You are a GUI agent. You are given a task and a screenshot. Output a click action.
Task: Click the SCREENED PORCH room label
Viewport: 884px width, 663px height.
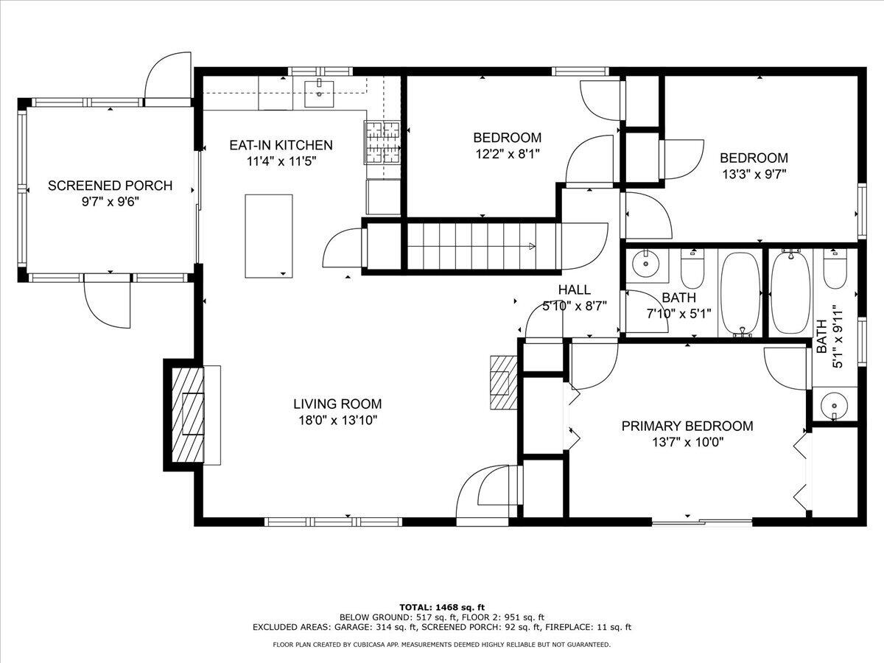pyautogui.click(x=110, y=186)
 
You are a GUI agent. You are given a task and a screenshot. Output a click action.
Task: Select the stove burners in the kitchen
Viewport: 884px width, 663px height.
pyautogui.click(x=382, y=141)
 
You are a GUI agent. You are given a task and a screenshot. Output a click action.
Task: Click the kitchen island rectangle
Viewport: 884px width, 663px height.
pyautogui.click(x=269, y=236)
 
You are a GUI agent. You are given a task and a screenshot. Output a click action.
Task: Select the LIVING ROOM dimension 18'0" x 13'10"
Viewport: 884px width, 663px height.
pyautogui.click(x=337, y=420)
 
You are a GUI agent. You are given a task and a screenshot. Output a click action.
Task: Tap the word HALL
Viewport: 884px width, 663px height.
pyautogui.click(x=574, y=290)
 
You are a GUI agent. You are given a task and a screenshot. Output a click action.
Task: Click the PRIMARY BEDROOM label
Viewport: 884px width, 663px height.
pyautogui.click(x=687, y=426)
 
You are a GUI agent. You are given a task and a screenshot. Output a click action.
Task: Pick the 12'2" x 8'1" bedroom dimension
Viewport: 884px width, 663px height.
pyautogui.click(x=507, y=154)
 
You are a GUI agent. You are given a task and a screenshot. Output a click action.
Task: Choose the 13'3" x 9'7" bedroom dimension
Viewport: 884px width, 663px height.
pyautogui.click(x=754, y=175)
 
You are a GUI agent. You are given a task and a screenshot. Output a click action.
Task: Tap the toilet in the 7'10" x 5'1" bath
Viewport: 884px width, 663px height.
pyautogui.click(x=692, y=270)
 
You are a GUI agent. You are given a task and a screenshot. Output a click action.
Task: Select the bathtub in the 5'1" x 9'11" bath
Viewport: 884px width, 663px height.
pyautogui.click(x=790, y=292)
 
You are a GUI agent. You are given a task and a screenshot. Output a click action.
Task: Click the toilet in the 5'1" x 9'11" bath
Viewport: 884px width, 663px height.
pyautogui.click(x=835, y=270)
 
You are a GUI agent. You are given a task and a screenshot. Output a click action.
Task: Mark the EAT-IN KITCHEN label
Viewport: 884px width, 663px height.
pyautogui.click(x=281, y=145)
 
